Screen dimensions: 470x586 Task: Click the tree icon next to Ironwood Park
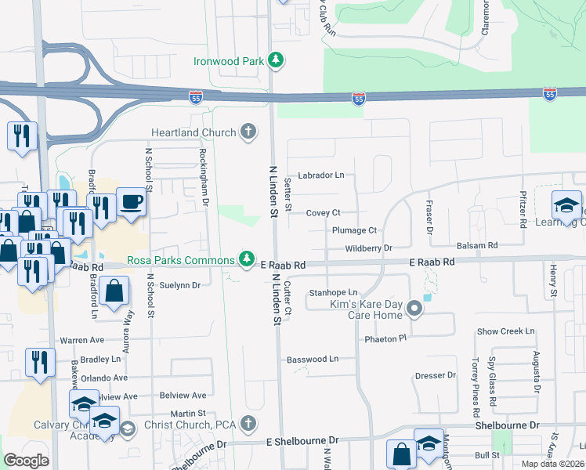275,60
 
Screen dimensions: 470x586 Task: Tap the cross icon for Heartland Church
248,131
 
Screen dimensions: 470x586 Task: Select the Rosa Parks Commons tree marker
248,258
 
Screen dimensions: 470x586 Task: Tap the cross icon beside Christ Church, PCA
248,424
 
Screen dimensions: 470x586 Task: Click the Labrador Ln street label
320,175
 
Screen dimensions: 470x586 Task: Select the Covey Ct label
323,212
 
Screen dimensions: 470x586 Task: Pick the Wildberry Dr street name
368,248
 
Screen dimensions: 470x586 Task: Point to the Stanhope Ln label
333,292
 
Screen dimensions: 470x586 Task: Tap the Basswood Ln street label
313,359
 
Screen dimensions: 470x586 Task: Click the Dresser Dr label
436,375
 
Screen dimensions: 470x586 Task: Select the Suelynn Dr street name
181,285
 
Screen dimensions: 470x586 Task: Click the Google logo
26,460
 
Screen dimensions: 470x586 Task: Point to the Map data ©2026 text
552,464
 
